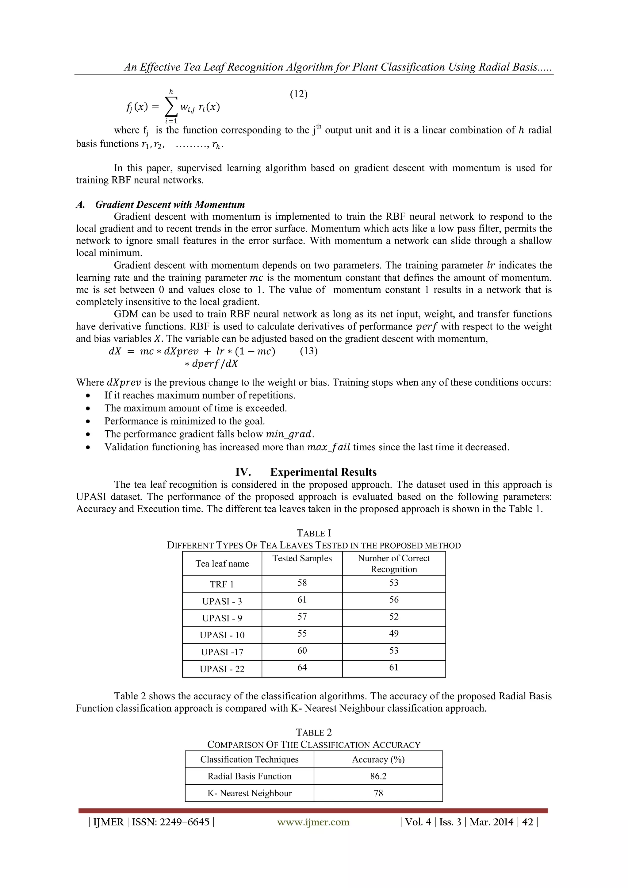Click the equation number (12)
(299, 94)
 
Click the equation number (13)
(308, 351)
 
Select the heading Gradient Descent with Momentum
(170, 205)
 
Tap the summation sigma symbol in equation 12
(171, 107)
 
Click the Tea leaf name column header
(222, 563)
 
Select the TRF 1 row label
(222, 584)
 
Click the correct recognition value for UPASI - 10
(394, 633)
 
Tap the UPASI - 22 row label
(222, 669)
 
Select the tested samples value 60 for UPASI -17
(302, 651)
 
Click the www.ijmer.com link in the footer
(313, 822)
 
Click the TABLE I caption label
(314, 533)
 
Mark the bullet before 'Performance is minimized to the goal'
(89, 421)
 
